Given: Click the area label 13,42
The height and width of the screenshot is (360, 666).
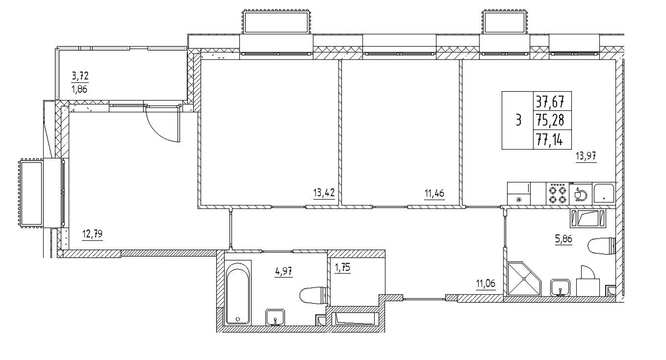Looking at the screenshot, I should (x=324, y=193).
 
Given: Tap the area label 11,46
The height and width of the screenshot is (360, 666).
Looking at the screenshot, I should (x=434, y=193).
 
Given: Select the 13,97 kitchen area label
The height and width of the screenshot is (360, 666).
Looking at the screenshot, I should (x=586, y=156).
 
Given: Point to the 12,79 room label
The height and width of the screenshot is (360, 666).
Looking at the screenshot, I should (x=92, y=234).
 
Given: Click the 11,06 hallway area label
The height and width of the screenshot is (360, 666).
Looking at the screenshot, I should (x=486, y=283).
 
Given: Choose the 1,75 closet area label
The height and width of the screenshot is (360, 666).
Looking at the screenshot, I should (x=343, y=268).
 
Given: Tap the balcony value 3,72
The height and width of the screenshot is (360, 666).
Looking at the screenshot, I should (x=80, y=76).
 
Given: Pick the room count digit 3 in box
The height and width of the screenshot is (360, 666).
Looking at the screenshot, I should (x=518, y=121).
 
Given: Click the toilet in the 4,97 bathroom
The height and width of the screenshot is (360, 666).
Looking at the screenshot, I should (x=313, y=296).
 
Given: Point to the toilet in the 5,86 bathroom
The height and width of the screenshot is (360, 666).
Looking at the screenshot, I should (x=601, y=246).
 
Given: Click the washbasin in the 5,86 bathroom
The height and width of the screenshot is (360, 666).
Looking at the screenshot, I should (x=560, y=287).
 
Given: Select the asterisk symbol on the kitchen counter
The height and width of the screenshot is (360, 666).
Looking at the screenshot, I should (x=519, y=200).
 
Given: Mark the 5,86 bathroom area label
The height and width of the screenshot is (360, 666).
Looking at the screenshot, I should (x=563, y=239).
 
